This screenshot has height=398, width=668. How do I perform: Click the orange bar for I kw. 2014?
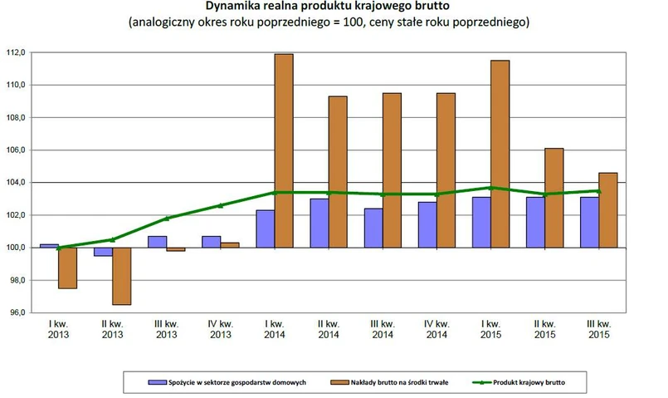point(284,150)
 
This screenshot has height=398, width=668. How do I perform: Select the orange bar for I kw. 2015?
point(500,154)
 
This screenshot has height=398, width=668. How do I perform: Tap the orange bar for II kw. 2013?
point(121,276)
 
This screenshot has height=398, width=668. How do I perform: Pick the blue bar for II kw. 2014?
point(319,223)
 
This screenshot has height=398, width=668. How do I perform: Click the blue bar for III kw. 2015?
point(590,222)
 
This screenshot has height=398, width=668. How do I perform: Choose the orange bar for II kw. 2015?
point(553,198)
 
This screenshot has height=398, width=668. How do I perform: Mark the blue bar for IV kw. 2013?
point(212,242)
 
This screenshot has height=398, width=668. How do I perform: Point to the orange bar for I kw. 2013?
point(67,268)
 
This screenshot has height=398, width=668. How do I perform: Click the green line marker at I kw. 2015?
point(490,188)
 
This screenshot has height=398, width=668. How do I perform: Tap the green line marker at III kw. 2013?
point(167,219)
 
